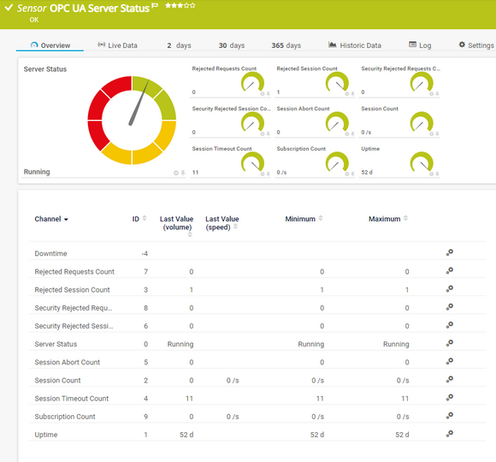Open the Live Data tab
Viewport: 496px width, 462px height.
(117, 45)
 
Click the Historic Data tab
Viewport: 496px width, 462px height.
(355, 45)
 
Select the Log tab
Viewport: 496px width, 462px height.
(420, 45)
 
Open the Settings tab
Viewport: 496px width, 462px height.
(475, 45)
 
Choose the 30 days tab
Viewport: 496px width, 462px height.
(231, 45)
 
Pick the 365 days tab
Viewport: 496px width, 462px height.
(286, 45)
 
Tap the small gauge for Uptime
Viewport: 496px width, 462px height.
(421, 162)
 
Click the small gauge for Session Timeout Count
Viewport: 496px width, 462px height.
(251, 162)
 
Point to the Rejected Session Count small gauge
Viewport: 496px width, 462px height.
(336, 81)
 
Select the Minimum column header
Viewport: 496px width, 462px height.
(300, 219)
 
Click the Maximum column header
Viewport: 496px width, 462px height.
(384, 219)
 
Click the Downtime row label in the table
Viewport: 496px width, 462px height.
(50, 254)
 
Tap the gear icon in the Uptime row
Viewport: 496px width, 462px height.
(449, 434)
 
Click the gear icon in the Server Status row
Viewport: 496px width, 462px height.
(449, 343)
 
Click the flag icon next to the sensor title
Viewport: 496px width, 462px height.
(155, 6)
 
